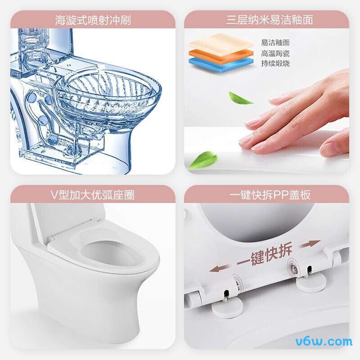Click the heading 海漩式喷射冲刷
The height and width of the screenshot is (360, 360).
coord(93,20)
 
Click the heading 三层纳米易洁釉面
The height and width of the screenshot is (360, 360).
coord(269,20)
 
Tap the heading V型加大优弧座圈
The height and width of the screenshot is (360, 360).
coord(93,195)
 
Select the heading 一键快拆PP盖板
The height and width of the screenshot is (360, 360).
coord(269,195)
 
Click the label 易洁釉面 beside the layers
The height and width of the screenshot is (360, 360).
coord(275,43)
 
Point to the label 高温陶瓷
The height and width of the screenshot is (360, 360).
coord(275,53)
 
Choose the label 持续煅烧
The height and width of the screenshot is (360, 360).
coord(275,63)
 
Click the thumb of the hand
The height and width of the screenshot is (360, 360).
coord(334,145)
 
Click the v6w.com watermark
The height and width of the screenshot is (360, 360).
coord(324,341)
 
